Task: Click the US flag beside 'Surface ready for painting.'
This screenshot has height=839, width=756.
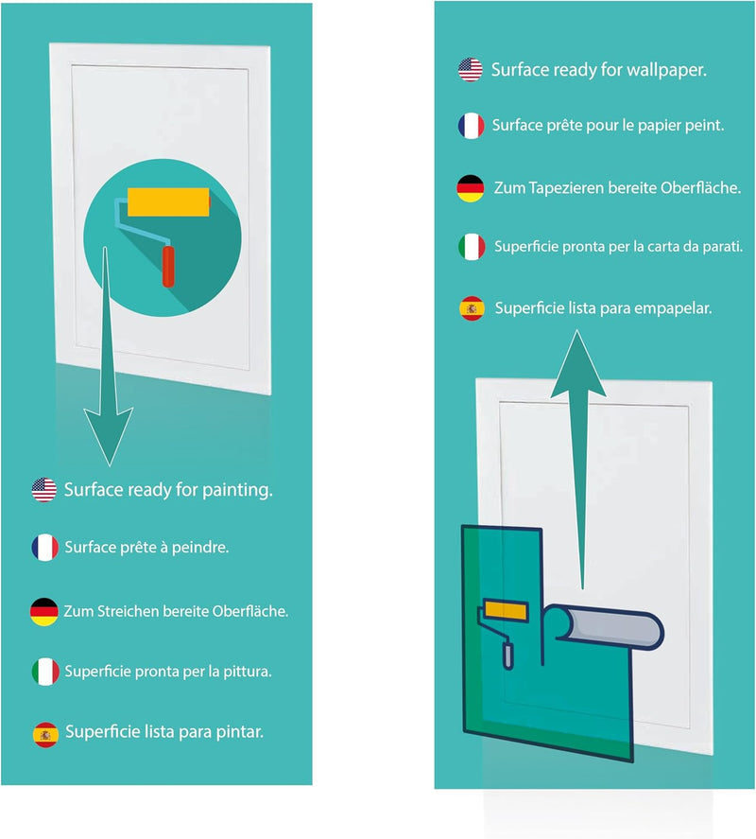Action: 44,490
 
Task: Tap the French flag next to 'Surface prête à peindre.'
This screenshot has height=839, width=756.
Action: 44,548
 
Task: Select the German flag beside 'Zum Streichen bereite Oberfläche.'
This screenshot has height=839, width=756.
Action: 44,611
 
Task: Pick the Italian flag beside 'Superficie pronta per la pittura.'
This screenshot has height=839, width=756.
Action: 44,672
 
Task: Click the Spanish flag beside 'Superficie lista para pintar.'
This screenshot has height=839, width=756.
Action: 44,732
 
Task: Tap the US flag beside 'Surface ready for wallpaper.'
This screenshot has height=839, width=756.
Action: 470,69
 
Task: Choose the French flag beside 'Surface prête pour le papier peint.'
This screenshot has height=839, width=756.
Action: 470,125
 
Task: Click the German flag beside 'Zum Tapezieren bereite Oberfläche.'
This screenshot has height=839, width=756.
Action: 470,188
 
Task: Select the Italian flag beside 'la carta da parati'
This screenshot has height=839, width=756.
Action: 470,247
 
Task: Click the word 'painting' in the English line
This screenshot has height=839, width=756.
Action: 235,491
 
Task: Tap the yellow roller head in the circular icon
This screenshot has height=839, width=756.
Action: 168,203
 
